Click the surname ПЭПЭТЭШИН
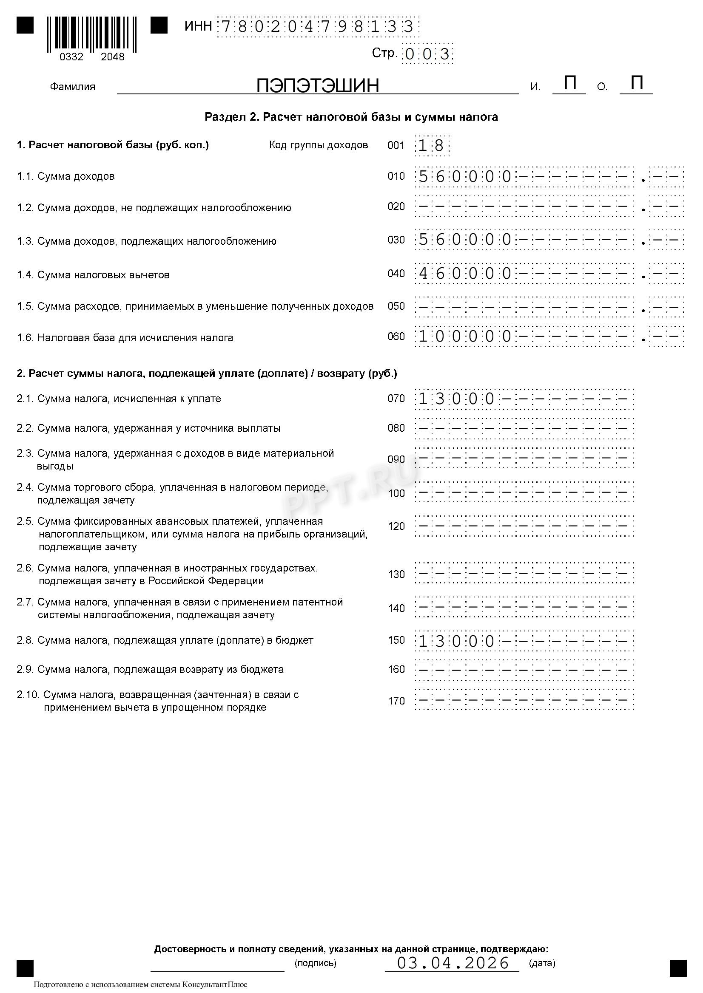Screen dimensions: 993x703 [x=317, y=86]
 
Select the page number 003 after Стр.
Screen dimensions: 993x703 [x=427, y=54]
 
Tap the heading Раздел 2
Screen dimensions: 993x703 [x=351, y=117]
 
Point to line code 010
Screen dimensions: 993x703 [x=396, y=176]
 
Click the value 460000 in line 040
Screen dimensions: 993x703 [x=465, y=274]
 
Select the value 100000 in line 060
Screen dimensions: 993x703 [x=465, y=337]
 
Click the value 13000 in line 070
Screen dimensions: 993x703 [x=456, y=399]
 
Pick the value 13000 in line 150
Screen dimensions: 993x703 [x=456, y=640]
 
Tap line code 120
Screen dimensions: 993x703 [x=396, y=526]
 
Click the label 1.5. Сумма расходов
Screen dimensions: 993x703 [x=195, y=307]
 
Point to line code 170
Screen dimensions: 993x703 [x=396, y=701]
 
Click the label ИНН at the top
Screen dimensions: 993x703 [x=198, y=26]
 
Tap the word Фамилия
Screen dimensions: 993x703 [x=72, y=87]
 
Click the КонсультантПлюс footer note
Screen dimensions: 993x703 [x=141, y=984]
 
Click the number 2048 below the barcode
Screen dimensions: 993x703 [x=113, y=57]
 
